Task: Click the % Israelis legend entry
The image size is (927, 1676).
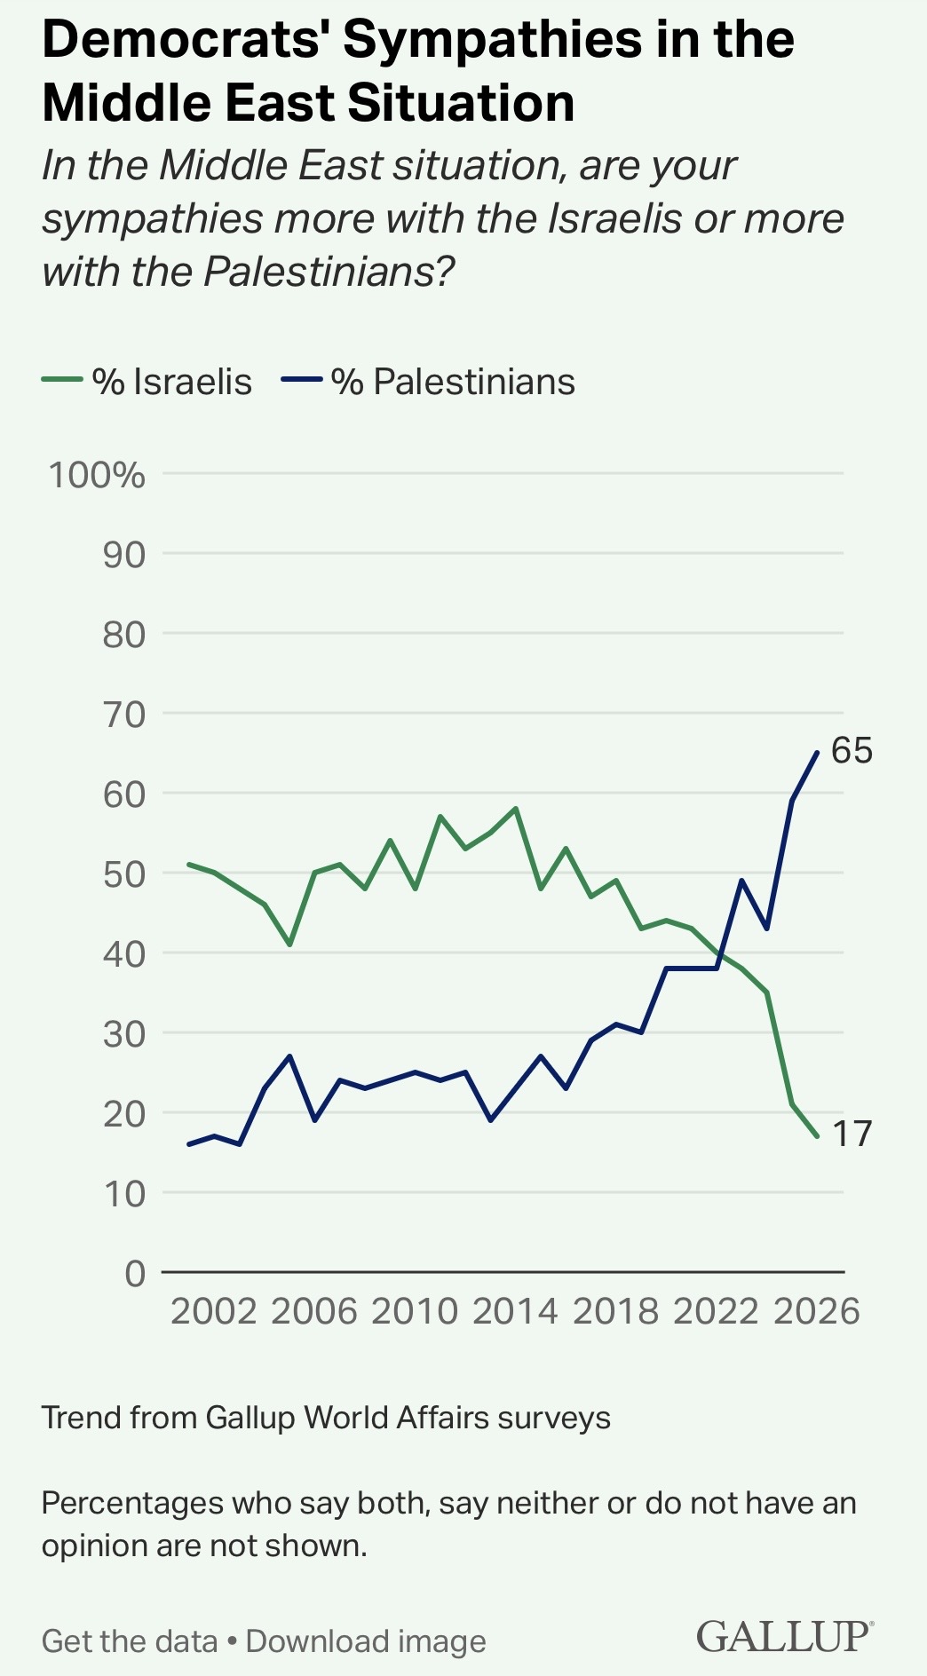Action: click(x=147, y=382)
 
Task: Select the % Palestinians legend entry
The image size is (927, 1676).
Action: click(x=429, y=382)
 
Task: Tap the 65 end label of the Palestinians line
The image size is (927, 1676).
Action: click(x=852, y=751)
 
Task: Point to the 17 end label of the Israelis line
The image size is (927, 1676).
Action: click(x=852, y=1134)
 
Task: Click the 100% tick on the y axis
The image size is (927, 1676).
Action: click(x=97, y=475)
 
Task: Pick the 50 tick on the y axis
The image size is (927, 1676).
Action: click(x=123, y=874)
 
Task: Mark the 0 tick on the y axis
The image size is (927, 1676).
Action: click(x=135, y=1273)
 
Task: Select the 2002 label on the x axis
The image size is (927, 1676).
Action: click(x=213, y=1311)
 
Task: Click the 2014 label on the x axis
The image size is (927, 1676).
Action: click(x=515, y=1311)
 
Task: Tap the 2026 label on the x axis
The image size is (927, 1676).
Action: click(x=817, y=1311)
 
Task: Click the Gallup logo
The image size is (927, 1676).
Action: click(x=784, y=1636)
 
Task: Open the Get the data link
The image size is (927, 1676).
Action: click(x=130, y=1641)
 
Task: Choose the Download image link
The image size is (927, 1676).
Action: click(x=366, y=1641)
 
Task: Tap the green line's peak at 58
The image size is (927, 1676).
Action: click(x=516, y=809)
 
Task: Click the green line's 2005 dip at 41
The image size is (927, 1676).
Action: click(x=289, y=945)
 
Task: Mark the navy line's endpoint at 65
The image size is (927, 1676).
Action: click(x=817, y=753)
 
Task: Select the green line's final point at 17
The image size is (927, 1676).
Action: click(x=817, y=1136)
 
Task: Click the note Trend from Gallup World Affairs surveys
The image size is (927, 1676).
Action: click(x=326, y=1418)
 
